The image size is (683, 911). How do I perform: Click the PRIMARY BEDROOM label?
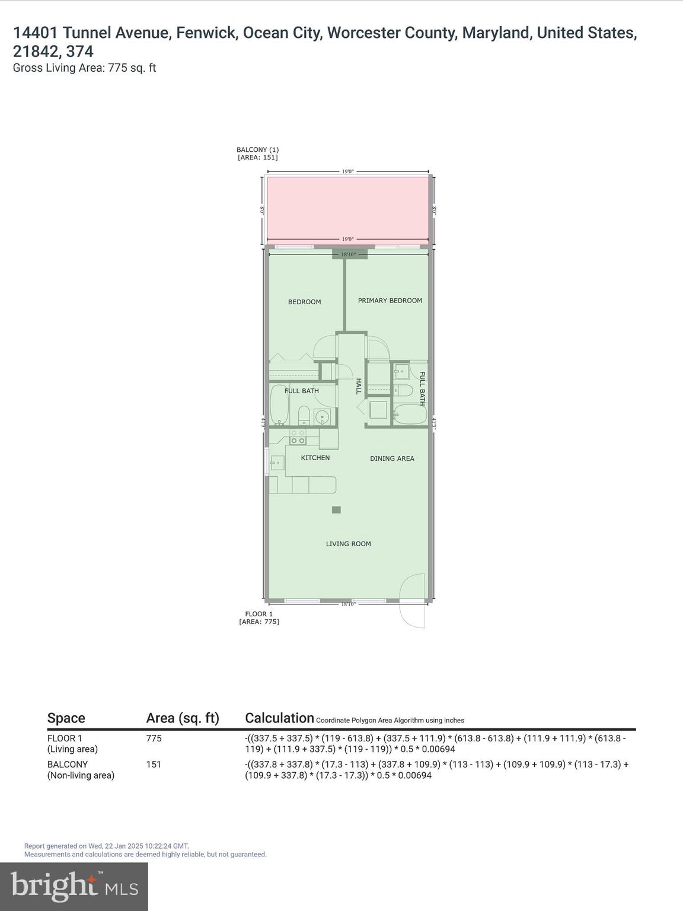390,301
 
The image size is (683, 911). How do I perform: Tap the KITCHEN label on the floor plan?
315,458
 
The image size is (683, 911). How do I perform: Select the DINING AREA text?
392,458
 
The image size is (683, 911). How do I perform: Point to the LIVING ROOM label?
348,544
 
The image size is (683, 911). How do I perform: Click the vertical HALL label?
358,386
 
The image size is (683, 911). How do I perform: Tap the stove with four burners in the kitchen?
298,437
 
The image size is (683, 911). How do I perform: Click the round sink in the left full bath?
322,417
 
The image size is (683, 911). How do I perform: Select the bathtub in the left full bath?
278,405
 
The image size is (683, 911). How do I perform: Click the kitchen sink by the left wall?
276,463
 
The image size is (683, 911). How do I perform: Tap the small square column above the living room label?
336,509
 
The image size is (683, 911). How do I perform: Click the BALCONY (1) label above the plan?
257,150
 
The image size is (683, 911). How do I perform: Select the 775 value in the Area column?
154,738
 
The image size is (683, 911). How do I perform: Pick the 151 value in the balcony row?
154,765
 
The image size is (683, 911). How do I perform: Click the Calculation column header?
279,718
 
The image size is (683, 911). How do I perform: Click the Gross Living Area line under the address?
84,68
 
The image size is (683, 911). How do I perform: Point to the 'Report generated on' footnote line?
106,846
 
